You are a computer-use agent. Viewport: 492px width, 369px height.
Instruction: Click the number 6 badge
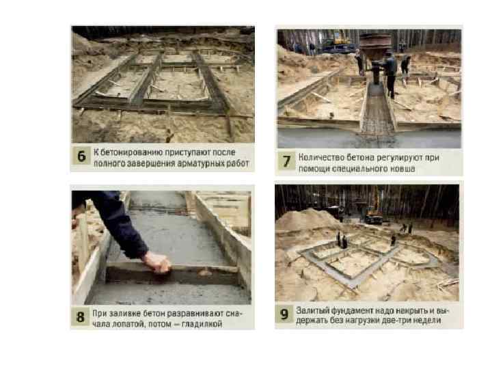click(81, 156)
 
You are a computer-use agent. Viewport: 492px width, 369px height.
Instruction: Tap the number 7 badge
click(286, 161)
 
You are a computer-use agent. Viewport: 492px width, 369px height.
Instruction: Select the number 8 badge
click(81, 317)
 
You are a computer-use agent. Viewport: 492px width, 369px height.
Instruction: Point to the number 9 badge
click(284, 314)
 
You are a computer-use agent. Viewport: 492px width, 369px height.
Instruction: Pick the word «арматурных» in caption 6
click(201, 163)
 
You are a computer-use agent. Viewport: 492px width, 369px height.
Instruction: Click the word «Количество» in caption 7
click(320, 158)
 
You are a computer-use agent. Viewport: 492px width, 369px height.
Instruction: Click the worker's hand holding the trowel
click(158, 262)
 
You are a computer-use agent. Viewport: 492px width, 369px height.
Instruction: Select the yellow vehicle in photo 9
click(374, 216)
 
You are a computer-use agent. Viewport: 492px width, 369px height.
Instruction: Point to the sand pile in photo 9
click(305, 219)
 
